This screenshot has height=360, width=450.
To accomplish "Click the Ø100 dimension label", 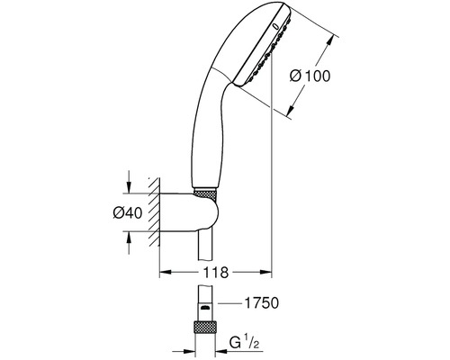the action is tap(310, 76).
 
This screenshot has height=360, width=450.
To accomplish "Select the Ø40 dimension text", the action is tap(128, 213).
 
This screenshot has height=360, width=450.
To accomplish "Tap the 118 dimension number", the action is tap(216, 273).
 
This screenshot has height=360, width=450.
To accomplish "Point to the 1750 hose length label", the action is tap(262, 303).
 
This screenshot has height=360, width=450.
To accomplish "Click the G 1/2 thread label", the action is tap(244, 343).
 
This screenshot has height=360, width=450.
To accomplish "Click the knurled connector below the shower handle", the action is tap(205, 193).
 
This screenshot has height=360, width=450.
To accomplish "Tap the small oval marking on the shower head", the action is tap(276, 27).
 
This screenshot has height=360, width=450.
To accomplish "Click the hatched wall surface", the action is tap(154, 211).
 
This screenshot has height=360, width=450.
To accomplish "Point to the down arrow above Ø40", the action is tap(129, 182).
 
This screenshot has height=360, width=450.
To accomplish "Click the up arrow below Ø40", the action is tap(129, 243).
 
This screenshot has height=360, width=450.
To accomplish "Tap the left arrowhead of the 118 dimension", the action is tap(165, 272).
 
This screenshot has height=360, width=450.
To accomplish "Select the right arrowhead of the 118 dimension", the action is tap(265, 272).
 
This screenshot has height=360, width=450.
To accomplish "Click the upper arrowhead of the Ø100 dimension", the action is tap(329, 41).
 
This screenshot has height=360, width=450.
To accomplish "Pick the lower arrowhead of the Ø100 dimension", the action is tap(290, 110).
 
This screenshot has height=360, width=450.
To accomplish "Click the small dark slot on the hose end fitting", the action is tap(205, 308).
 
